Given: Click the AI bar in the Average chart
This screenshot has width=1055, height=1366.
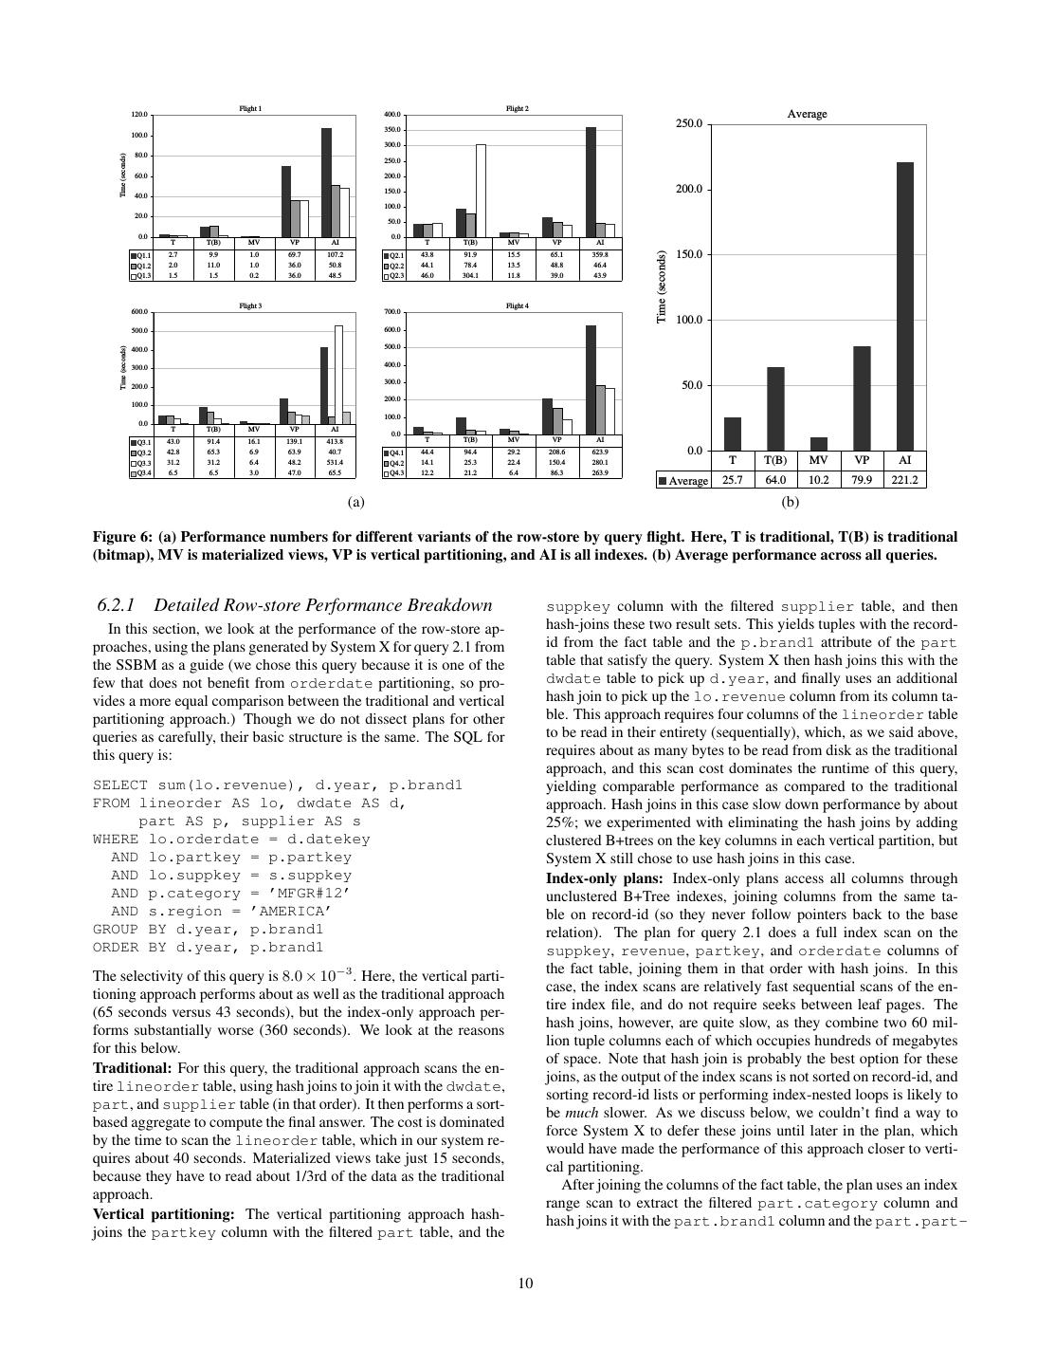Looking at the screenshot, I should pos(904,305).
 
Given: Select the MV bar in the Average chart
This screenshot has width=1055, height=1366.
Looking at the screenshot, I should pos(818,443).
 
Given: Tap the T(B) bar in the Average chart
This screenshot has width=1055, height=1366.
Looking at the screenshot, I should pos(775,408).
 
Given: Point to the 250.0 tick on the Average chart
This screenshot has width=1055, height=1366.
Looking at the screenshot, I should pos(688,123).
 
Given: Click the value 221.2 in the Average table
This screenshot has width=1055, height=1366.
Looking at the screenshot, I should pos(904,480).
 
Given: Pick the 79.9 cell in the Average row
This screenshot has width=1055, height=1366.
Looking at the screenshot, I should pos(861,480).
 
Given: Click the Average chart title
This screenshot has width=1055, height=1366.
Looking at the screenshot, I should pos(807,114).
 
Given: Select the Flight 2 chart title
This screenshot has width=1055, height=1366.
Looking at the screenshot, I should pos(517,109).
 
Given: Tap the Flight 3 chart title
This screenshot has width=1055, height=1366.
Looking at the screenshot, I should pos(250,306).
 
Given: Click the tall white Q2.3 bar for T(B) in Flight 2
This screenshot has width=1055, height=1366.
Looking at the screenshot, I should pos(481,190).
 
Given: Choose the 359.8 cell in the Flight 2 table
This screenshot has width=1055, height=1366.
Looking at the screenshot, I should pos(599,254).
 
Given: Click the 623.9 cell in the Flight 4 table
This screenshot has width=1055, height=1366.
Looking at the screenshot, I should pos(600,452).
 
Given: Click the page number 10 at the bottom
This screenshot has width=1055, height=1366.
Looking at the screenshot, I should pos(526,1283).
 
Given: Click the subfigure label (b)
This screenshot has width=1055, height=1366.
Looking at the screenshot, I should pos(790,502).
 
